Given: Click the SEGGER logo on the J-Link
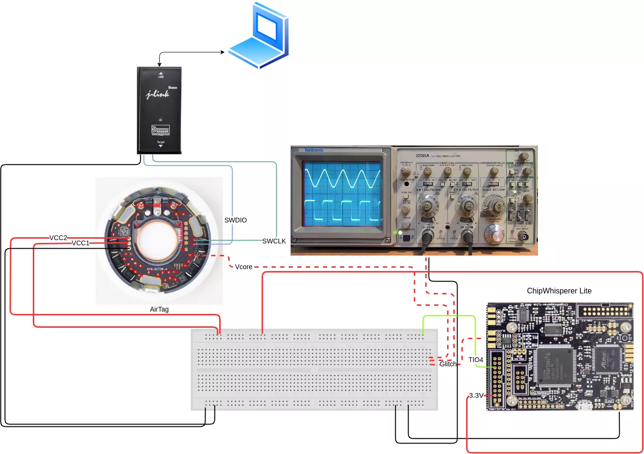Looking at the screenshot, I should pos(160,130).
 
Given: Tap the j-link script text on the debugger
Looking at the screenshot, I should pos(158,94).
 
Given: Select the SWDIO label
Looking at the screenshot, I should pos(235,220).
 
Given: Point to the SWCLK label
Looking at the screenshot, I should pos(274,241).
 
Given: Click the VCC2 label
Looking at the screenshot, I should pos(59,238).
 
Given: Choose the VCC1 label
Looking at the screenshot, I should pos(80,243).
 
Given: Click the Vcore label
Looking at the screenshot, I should pos(244,267).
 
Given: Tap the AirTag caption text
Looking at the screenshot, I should pos(159,309).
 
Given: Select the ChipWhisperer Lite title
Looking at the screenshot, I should pos(559,291).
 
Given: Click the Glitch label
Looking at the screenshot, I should pos(448,364).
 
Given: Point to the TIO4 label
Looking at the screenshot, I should pos(476,360).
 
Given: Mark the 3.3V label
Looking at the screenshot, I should pos(476,395).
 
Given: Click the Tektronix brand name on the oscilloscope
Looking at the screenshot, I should pos(314,151).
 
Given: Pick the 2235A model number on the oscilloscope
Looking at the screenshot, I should pos(422,156).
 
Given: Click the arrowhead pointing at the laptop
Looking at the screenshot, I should pos(222,52).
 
